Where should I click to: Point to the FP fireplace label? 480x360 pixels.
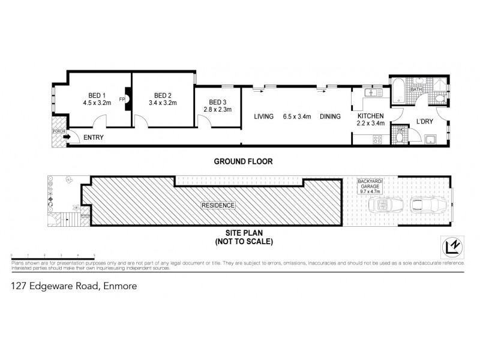(x=122, y=99)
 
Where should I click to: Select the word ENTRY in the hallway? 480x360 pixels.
(x=94, y=137)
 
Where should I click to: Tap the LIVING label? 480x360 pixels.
(x=263, y=116)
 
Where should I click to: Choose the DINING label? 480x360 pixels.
(x=329, y=116)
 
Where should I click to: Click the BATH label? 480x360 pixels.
(x=417, y=89)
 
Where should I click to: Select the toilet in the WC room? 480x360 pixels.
(x=400, y=137)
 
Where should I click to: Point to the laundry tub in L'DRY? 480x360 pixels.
(x=430, y=140)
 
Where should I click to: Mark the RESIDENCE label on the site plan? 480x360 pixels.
(x=218, y=205)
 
